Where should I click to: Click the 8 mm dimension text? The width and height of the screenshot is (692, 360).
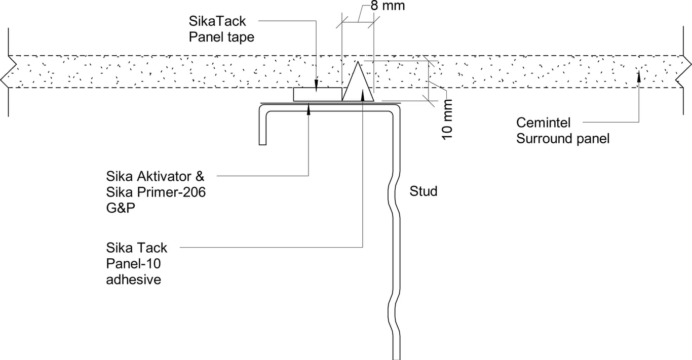coord(388,7)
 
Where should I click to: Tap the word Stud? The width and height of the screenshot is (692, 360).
coord(423,191)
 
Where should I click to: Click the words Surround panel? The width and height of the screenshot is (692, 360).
coord(562,139)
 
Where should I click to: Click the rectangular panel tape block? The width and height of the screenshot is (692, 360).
coord(317,94)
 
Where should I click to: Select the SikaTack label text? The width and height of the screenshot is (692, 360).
coord(217,21)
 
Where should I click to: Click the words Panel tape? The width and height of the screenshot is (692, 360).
coord(221,37)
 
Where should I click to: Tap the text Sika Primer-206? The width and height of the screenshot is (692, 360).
coord(156,192)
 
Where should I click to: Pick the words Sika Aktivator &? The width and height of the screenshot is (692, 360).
coord(155,177)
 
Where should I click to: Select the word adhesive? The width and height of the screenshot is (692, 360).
coord(133,279)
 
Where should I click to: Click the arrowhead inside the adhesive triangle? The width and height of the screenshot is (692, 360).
coord(362,92)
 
